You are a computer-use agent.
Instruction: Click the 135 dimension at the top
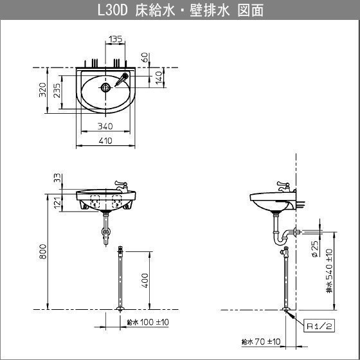coord(116,39)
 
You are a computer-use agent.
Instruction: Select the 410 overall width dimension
coord(105,141)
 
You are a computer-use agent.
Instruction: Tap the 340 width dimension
coord(105,126)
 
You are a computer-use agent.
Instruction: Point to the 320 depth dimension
coord(42,89)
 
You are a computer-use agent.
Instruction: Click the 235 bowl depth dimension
coord(57,91)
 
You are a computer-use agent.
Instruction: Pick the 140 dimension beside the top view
coord(159,78)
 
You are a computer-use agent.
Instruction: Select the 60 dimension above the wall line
coord(144,57)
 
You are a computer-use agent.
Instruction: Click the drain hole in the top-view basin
coord(105,87)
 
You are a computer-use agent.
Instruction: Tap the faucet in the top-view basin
coord(122,79)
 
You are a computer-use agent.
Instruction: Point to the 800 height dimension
coord(42,251)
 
